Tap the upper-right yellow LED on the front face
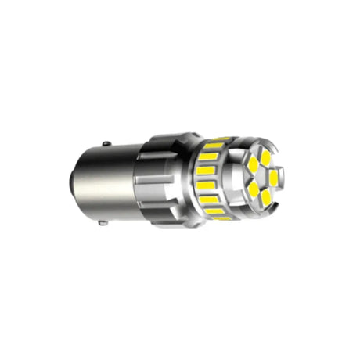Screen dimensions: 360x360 (265, 157)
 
